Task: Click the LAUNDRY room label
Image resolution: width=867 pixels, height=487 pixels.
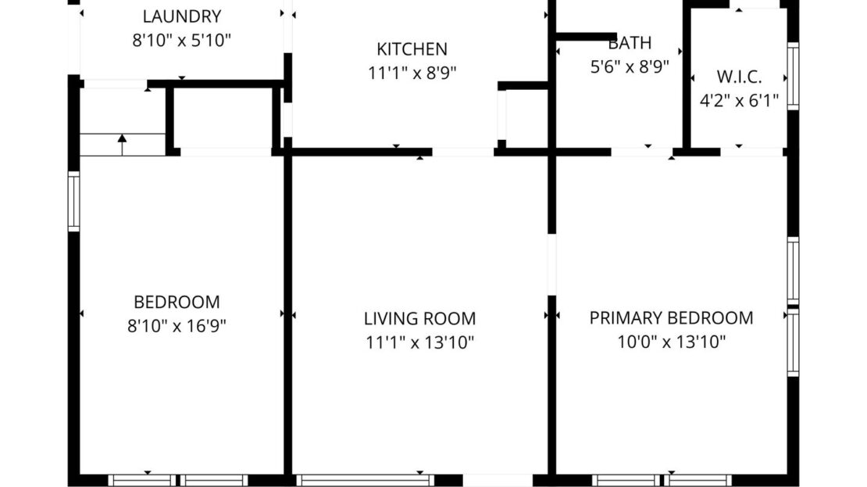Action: click(181, 16)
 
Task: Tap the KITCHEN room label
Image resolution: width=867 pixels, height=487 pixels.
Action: click(412, 49)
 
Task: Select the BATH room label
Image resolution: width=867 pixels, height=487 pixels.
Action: click(630, 43)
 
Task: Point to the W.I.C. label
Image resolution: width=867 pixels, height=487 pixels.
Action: click(739, 77)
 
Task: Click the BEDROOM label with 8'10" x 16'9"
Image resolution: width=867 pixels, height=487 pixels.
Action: click(177, 302)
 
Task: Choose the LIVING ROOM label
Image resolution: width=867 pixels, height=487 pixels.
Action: click(419, 318)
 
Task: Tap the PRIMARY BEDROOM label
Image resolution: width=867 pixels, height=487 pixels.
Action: click(671, 317)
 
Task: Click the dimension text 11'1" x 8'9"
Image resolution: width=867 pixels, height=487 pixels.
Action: click(412, 73)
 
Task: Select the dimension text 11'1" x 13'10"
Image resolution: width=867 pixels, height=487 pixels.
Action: click(419, 342)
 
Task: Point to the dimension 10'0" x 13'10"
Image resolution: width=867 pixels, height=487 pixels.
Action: click(671, 341)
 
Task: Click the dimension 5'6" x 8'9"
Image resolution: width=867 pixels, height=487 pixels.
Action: click(630, 66)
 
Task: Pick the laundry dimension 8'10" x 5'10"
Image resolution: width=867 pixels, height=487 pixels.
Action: click(181, 40)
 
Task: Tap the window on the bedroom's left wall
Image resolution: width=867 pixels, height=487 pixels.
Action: click(73, 202)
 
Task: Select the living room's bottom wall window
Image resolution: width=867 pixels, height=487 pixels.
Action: click(365, 480)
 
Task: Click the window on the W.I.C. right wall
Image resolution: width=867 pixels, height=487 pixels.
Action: click(793, 76)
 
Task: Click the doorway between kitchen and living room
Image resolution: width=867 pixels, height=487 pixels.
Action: click(462, 152)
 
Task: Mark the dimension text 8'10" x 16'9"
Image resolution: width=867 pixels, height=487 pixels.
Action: click(177, 325)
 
